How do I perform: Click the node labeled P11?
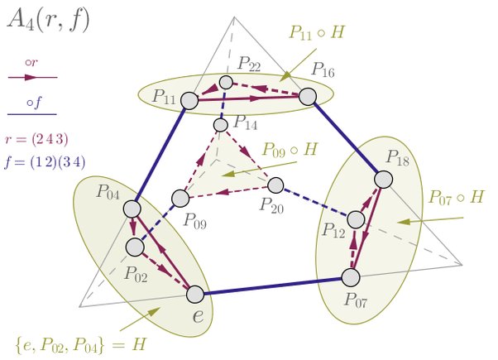point(189,100)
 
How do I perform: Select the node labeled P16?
point(308,97)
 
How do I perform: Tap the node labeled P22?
point(226,83)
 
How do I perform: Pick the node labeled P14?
point(221,125)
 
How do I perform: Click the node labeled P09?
point(180,199)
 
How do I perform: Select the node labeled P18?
point(383,179)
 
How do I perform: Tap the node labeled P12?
point(356,219)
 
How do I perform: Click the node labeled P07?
point(352,276)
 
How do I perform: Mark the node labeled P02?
point(135,247)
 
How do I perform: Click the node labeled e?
point(194,294)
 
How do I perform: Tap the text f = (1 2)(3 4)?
point(45,160)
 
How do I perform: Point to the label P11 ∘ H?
point(317,33)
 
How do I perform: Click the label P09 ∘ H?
point(290,151)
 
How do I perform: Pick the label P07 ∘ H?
point(456,199)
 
